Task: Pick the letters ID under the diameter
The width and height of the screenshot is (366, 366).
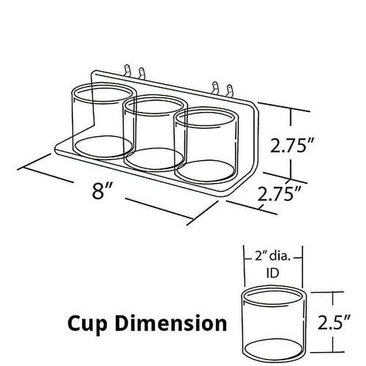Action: (271, 274)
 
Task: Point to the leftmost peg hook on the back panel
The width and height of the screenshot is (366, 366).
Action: (128, 70)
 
